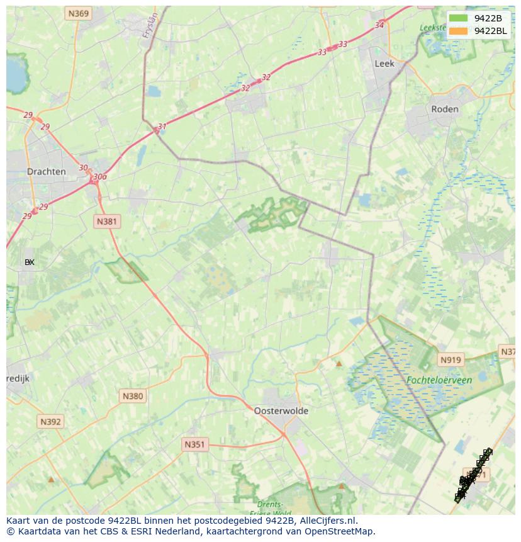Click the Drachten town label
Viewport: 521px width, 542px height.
point(47,171)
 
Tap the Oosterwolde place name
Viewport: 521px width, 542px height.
point(281,410)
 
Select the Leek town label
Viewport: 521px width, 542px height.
point(384,64)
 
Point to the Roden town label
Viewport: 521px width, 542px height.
point(444,109)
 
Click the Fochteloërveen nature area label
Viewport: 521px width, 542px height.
point(439,380)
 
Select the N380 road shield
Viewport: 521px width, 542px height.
point(132,396)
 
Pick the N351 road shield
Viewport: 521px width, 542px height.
point(194,444)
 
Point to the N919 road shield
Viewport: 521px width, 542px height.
point(451,360)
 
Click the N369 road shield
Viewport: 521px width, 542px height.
point(79,13)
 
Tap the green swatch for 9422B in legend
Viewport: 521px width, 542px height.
point(459,18)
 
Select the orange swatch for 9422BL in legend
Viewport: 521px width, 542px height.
point(459,31)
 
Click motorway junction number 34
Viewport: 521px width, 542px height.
point(379,25)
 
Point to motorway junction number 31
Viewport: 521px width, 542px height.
point(162,127)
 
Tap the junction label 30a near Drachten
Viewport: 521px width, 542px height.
point(99,177)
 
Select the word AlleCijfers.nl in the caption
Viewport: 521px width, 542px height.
point(328,521)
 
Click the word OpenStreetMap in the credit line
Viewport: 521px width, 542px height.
point(340,531)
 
